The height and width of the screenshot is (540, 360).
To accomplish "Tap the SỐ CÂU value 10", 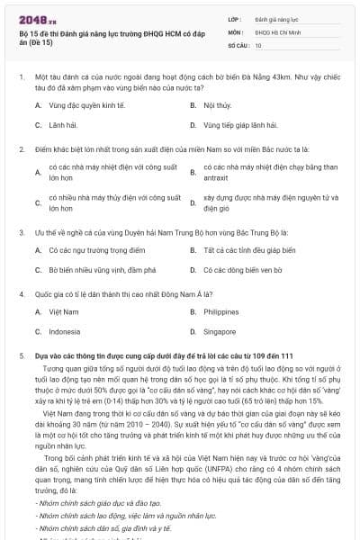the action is point(258,44).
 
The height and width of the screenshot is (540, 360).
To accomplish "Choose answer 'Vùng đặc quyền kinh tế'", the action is point(78,105).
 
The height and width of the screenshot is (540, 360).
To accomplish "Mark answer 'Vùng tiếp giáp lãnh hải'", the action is point(239,125).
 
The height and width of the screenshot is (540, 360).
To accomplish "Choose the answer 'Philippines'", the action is point(221,311).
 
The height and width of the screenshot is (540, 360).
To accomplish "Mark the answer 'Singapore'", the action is point(220,331).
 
